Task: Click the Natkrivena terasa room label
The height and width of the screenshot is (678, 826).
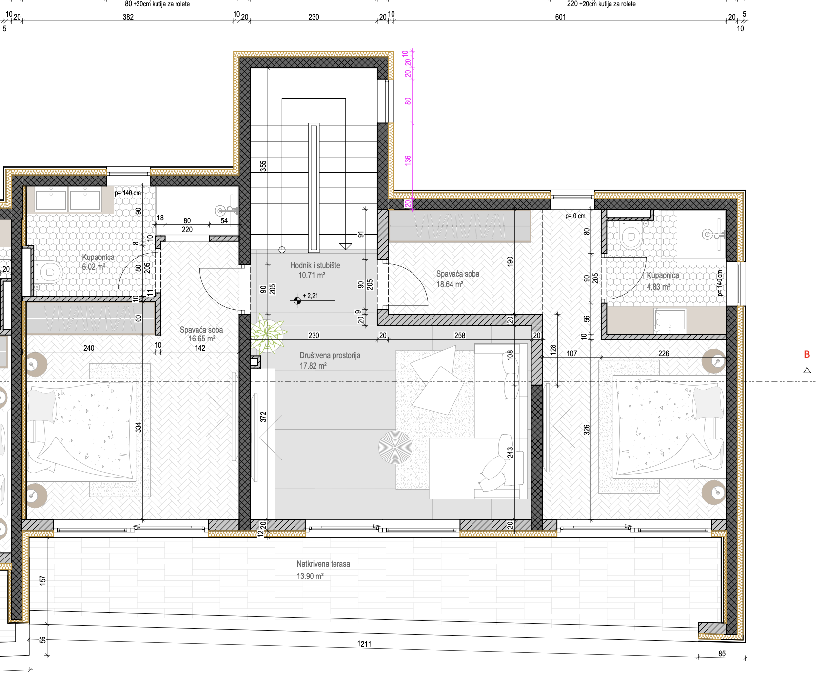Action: pyautogui.click(x=323, y=564)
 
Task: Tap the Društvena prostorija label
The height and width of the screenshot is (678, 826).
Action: pyautogui.click(x=330, y=355)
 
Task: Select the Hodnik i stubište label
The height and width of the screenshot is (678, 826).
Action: pyautogui.click(x=315, y=265)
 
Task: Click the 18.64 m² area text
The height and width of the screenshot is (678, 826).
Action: pyautogui.click(x=450, y=284)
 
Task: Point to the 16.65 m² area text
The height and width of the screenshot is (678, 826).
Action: pyautogui.click(x=202, y=339)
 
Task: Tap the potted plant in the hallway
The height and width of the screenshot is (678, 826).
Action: pyautogui.click(x=268, y=333)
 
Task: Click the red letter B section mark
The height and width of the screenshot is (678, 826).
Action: pyautogui.click(x=807, y=355)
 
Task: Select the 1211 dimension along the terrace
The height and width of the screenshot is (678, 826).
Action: pyautogui.click(x=364, y=644)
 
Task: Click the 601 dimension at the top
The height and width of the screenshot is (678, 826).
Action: pyautogui.click(x=561, y=17)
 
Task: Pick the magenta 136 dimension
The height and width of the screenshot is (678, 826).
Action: pyautogui.click(x=408, y=160)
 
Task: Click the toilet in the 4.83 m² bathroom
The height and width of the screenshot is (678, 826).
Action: pyautogui.click(x=631, y=237)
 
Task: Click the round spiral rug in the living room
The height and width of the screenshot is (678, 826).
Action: pyautogui.click(x=395, y=447)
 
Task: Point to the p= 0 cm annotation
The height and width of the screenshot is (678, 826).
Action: pyautogui.click(x=575, y=216)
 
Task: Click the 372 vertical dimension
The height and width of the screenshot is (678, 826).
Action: pyautogui.click(x=263, y=417)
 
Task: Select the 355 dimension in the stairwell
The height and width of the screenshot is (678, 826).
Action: pyautogui.click(x=263, y=166)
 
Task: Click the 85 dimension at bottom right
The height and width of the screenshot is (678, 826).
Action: pyautogui.click(x=722, y=654)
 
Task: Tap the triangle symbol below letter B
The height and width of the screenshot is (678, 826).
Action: pyautogui.click(x=807, y=371)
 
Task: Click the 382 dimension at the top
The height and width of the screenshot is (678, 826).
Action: pyautogui.click(x=128, y=17)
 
